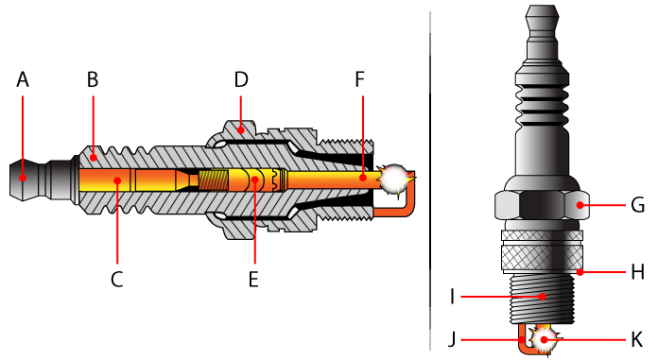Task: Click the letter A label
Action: pos(23,80)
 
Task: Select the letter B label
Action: pos(93,80)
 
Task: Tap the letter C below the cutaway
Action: pos(116,279)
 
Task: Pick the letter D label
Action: pos(241,80)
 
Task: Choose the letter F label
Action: pos(360,80)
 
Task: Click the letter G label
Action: pos(637,204)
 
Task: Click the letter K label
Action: pos(637,337)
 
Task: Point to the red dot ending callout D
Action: pos(241,127)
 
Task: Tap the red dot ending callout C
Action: pos(116,178)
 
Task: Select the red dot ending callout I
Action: pos(541,297)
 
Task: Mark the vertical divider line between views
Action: pos(431,180)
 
